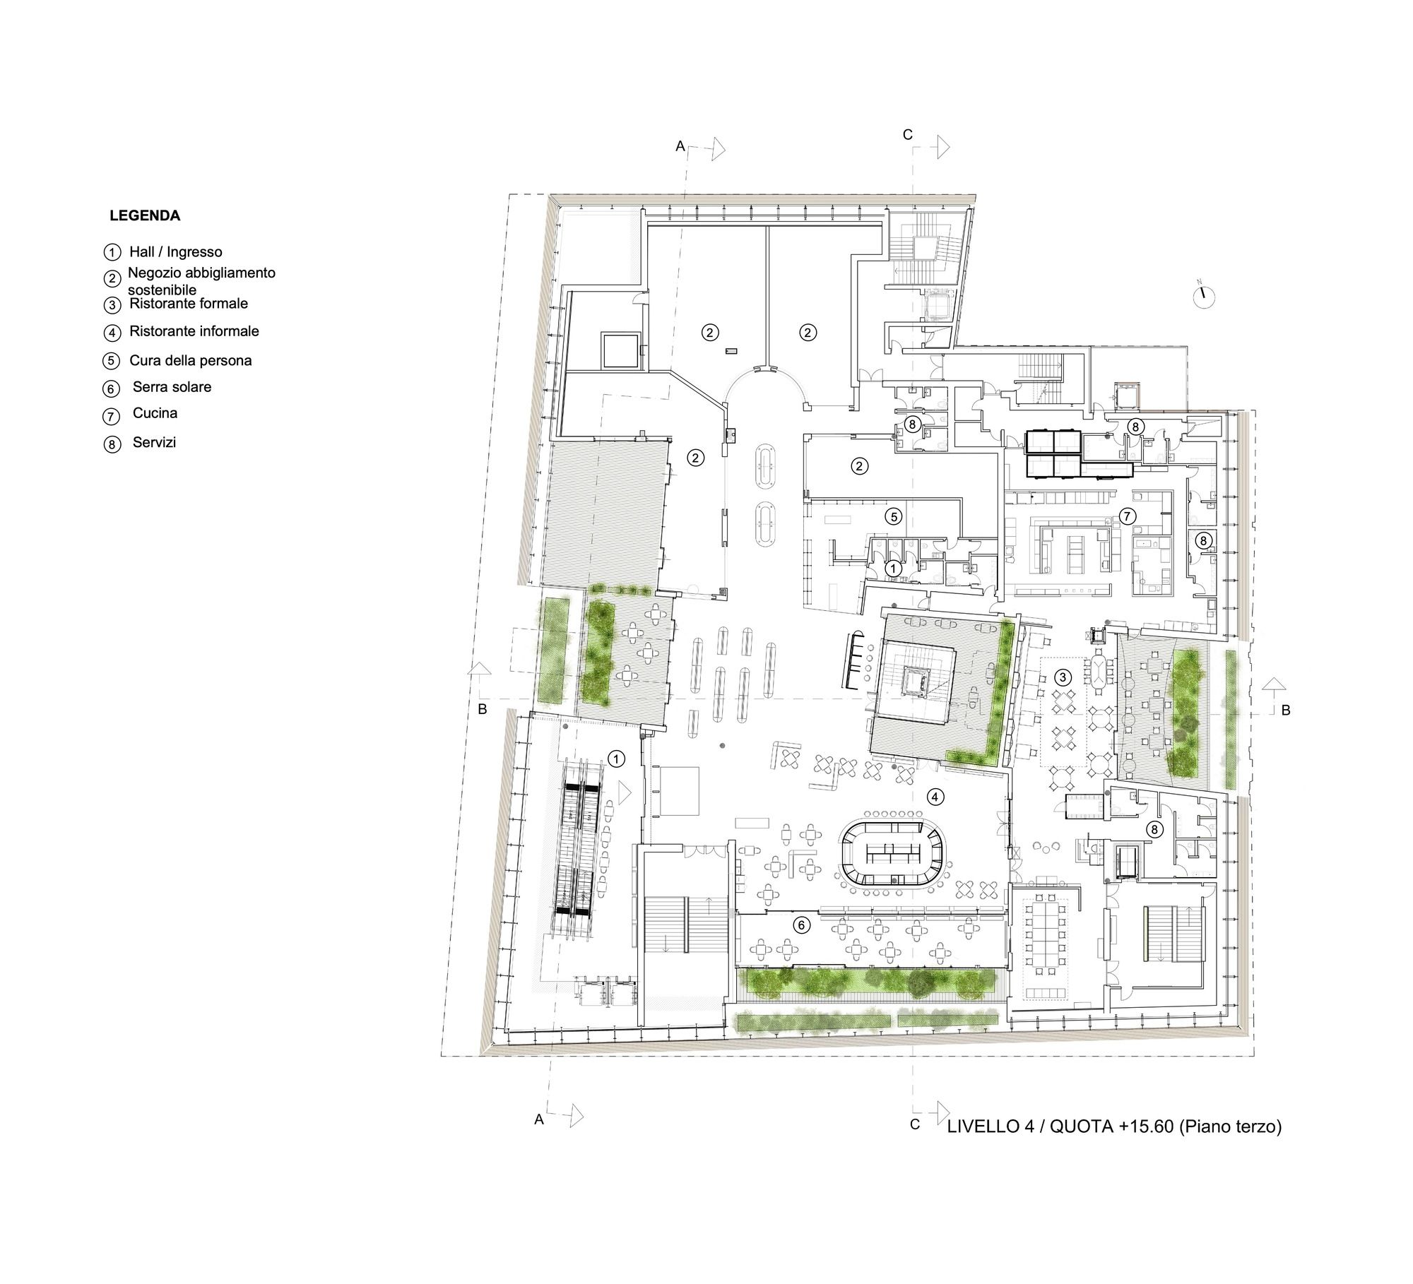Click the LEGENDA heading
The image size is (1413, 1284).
pos(145,216)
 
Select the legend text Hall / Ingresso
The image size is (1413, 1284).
pos(176,252)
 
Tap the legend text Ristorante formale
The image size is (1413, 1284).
pos(189,304)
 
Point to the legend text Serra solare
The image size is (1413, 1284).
pos(172,387)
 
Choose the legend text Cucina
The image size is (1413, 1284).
pos(155,413)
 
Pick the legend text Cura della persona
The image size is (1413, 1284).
pos(191,361)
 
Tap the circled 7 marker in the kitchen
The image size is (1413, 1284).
pos(1125,516)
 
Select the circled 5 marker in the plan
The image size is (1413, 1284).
pos(894,517)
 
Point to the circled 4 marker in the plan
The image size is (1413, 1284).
pos(935,797)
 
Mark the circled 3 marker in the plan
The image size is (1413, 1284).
pos(1062,677)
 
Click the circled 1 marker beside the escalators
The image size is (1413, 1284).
pos(617,759)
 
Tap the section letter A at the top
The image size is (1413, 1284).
pos(680,146)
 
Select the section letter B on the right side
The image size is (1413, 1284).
pos(1285,711)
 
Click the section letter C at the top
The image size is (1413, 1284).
pos(909,134)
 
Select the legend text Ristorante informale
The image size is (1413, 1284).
pos(194,331)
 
